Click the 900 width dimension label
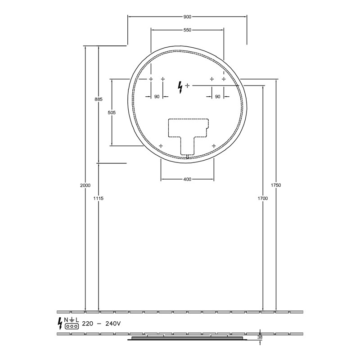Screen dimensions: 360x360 tap(187, 17)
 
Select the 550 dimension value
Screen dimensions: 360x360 tap(187, 30)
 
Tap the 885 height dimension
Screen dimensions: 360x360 tap(99, 99)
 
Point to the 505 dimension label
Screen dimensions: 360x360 tap(112, 113)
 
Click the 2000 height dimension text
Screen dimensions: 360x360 tap(85, 185)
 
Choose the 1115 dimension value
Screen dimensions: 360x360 tap(99, 198)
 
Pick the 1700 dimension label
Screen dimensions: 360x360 tap(263, 198)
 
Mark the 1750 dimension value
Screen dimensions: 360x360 tap(276, 185)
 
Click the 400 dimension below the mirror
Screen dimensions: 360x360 tap(187, 179)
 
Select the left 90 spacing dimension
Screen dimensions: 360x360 tap(157, 97)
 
